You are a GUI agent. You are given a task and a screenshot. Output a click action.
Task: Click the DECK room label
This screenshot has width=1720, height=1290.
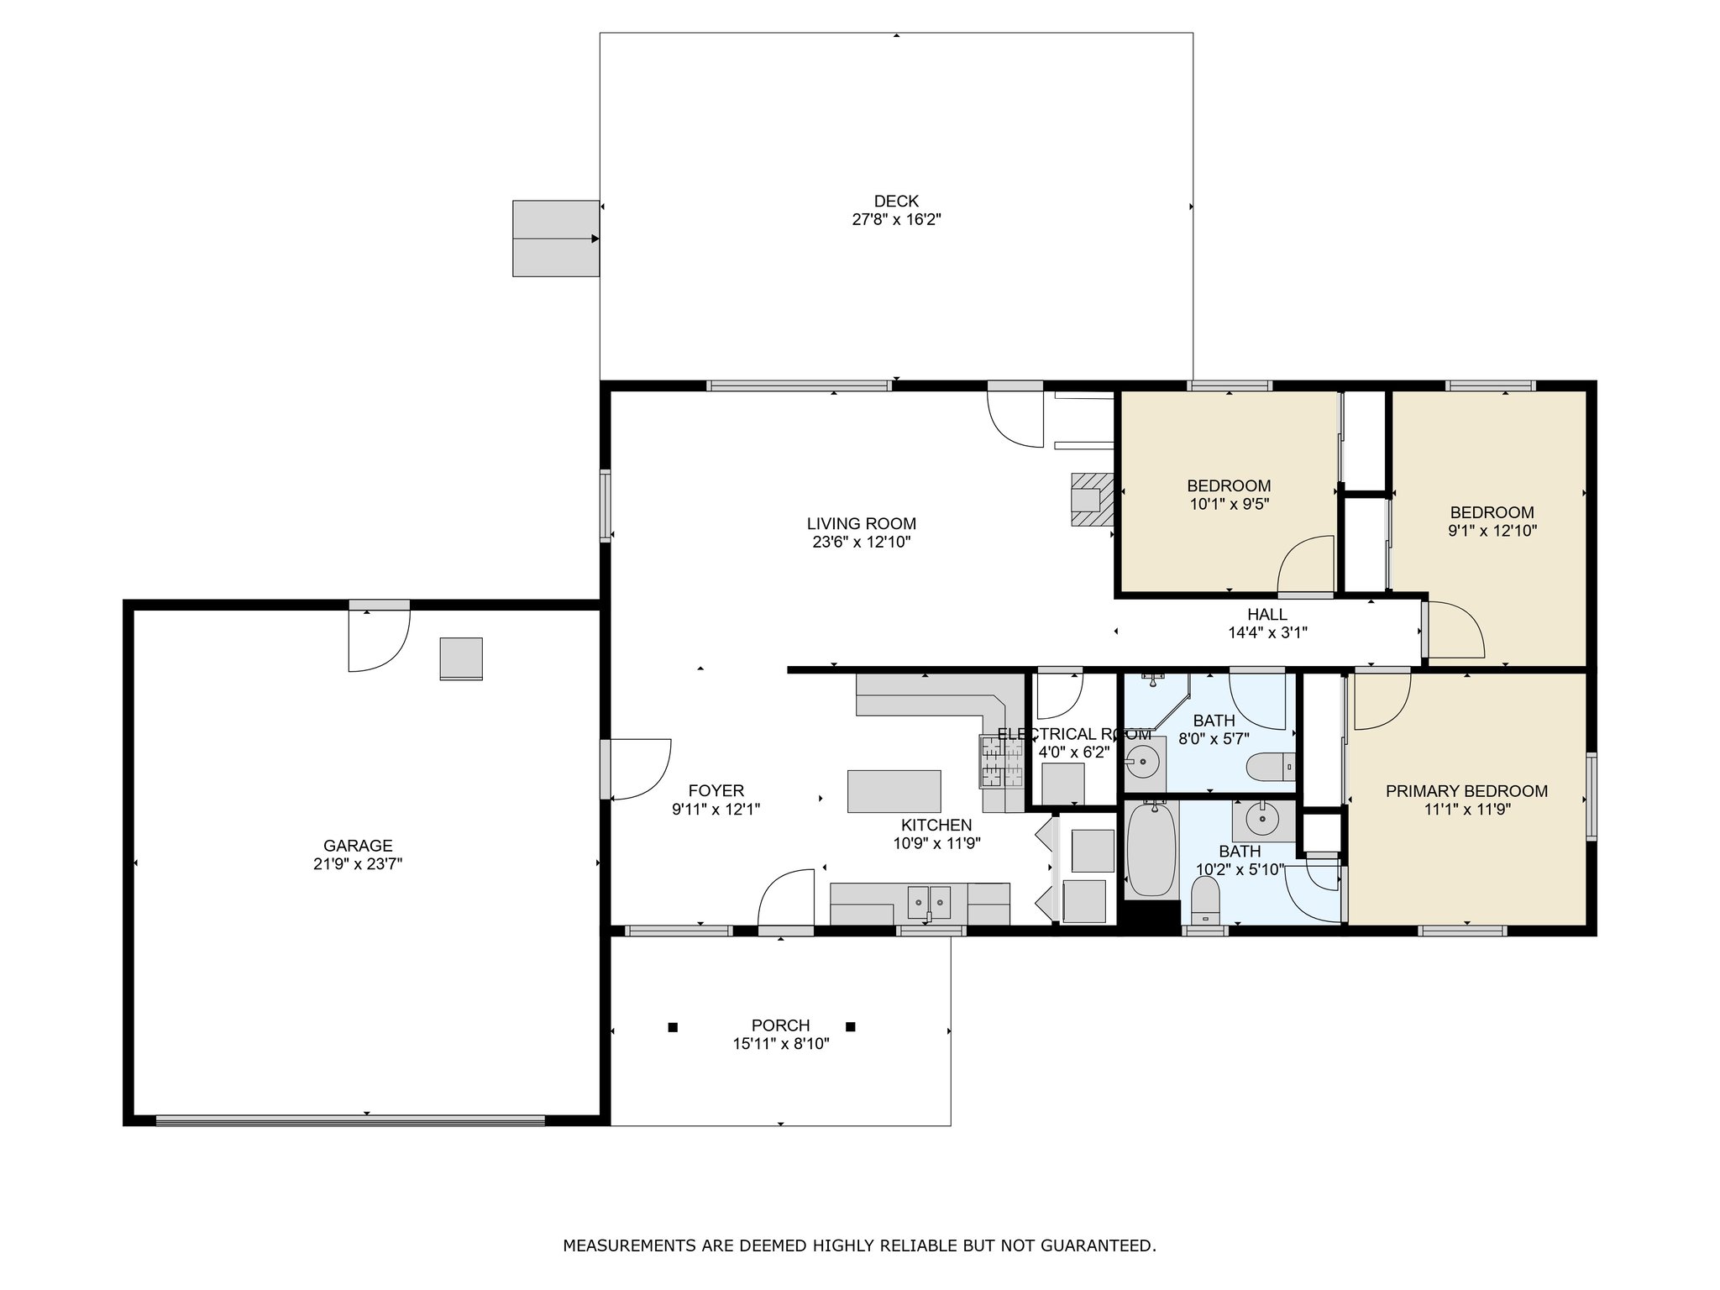tap(896, 202)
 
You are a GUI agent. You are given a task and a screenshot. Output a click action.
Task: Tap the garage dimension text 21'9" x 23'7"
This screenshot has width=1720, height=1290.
tap(358, 864)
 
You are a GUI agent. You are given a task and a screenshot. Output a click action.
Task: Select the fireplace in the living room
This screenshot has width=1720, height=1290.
tap(1092, 500)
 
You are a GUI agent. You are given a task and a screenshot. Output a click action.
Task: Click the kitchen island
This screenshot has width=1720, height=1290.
tap(894, 791)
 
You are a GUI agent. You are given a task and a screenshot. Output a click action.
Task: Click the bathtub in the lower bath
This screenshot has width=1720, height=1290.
tap(1151, 850)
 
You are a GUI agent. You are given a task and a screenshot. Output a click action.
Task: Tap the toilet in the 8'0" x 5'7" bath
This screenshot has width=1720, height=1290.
tap(1270, 767)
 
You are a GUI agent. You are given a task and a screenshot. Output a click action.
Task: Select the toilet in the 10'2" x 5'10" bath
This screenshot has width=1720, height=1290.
tap(1206, 900)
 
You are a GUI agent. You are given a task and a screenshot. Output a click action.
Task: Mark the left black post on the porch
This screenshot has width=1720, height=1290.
tap(672, 1026)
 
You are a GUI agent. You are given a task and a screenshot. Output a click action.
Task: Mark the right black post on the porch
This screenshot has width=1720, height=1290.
tap(850, 1026)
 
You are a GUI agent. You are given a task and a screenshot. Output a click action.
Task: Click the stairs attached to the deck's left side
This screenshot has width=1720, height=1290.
tap(556, 239)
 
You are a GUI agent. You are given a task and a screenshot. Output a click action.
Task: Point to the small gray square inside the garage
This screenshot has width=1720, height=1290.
tap(461, 658)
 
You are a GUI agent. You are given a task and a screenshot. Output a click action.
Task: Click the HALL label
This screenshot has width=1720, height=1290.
tap(1266, 615)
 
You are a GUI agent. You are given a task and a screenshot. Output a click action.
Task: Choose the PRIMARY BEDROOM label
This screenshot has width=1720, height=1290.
tap(1466, 791)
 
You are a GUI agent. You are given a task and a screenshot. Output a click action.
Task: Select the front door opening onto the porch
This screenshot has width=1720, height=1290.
tap(786, 900)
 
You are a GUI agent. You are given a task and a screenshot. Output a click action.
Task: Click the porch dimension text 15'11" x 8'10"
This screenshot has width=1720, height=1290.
tap(781, 1044)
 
